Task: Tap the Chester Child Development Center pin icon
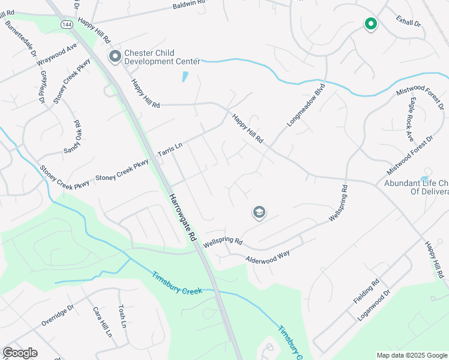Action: coord(114,56)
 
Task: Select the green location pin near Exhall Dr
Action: coord(370,24)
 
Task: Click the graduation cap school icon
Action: coord(259,212)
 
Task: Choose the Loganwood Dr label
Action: coord(373,304)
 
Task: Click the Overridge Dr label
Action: coord(57,316)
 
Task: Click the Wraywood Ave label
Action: coord(56,55)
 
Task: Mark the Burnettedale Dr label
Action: coord(20,40)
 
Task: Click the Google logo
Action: coord(20,353)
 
